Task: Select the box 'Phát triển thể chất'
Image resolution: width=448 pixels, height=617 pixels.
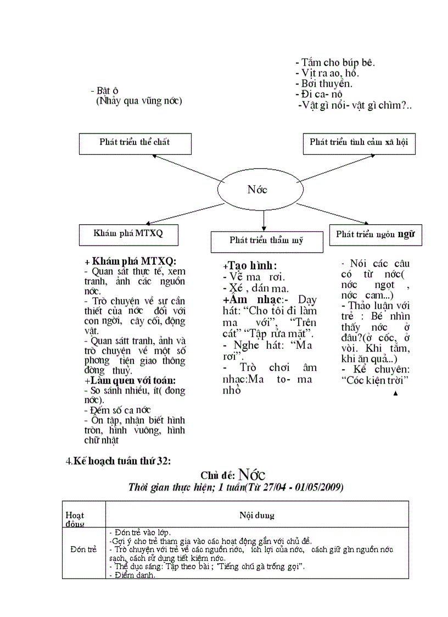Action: coord(135,143)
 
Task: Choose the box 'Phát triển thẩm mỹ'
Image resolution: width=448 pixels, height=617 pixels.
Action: coord(266,241)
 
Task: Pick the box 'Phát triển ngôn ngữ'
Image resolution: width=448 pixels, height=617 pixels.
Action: coord(375,235)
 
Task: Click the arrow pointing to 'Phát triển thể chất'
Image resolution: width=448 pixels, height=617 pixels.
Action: coord(187,168)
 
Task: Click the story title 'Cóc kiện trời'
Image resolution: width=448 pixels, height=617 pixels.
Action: coord(376,380)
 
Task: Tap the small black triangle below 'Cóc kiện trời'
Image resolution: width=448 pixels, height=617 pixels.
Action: coord(395,393)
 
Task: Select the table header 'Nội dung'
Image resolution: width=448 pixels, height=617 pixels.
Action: coord(256,515)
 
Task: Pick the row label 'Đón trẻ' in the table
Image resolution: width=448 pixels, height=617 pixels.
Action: coord(83,549)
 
